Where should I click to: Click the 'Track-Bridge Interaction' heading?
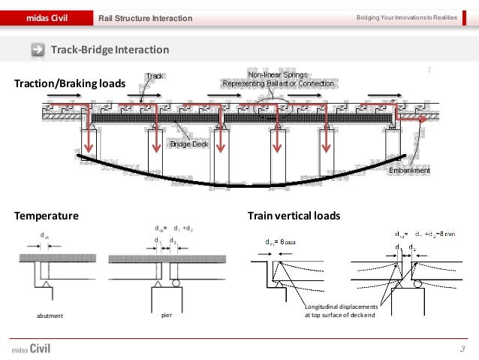[x=110, y=50]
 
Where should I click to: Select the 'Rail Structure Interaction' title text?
[x=146, y=18]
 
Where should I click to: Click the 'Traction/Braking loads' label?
[x=65, y=83]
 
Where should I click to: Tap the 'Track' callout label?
[x=155, y=76]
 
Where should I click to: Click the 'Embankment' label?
[x=410, y=171]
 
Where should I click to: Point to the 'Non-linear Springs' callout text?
[x=277, y=75]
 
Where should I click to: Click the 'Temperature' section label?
[x=46, y=216]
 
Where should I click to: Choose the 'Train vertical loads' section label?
[x=294, y=216]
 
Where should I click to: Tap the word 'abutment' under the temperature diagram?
[x=50, y=316]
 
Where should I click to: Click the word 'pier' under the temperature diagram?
[x=167, y=316]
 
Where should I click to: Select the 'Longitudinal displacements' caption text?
[x=339, y=307]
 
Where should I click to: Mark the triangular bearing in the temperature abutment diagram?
[x=47, y=286]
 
